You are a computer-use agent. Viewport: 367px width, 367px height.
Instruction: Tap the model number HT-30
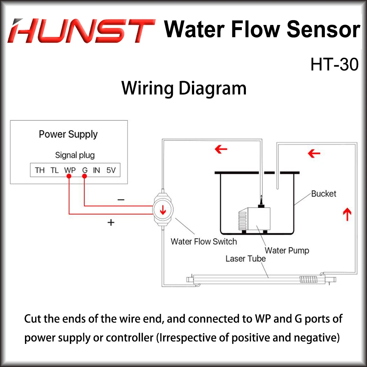click(x=334, y=65)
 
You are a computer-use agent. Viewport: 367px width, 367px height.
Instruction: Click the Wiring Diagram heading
click(x=184, y=88)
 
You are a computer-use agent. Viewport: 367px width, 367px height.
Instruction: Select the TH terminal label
click(x=40, y=170)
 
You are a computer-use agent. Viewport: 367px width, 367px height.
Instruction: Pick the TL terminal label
click(x=54, y=170)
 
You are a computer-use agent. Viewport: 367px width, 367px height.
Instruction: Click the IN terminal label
click(x=97, y=170)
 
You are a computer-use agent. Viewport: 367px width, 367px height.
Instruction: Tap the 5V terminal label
click(x=111, y=170)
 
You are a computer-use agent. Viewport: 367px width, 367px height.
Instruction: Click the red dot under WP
click(x=69, y=177)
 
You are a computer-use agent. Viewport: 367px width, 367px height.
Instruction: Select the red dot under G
click(x=85, y=177)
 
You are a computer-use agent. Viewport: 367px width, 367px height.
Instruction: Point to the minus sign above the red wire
click(x=121, y=200)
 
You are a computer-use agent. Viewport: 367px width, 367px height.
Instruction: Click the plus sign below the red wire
click(x=111, y=222)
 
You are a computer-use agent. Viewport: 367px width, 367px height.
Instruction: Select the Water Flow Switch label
click(x=204, y=241)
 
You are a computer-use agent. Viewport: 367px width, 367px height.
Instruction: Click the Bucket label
click(x=323, y=193)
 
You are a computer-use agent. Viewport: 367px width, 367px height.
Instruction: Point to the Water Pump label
click(x=287, y=251)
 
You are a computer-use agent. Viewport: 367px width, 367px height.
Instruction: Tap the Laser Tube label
click(x=246, y=258)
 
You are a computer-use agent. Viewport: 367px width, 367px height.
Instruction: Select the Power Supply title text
click(x=68, y=134)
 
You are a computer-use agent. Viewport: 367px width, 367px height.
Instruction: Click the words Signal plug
click(x=75, y=155)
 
